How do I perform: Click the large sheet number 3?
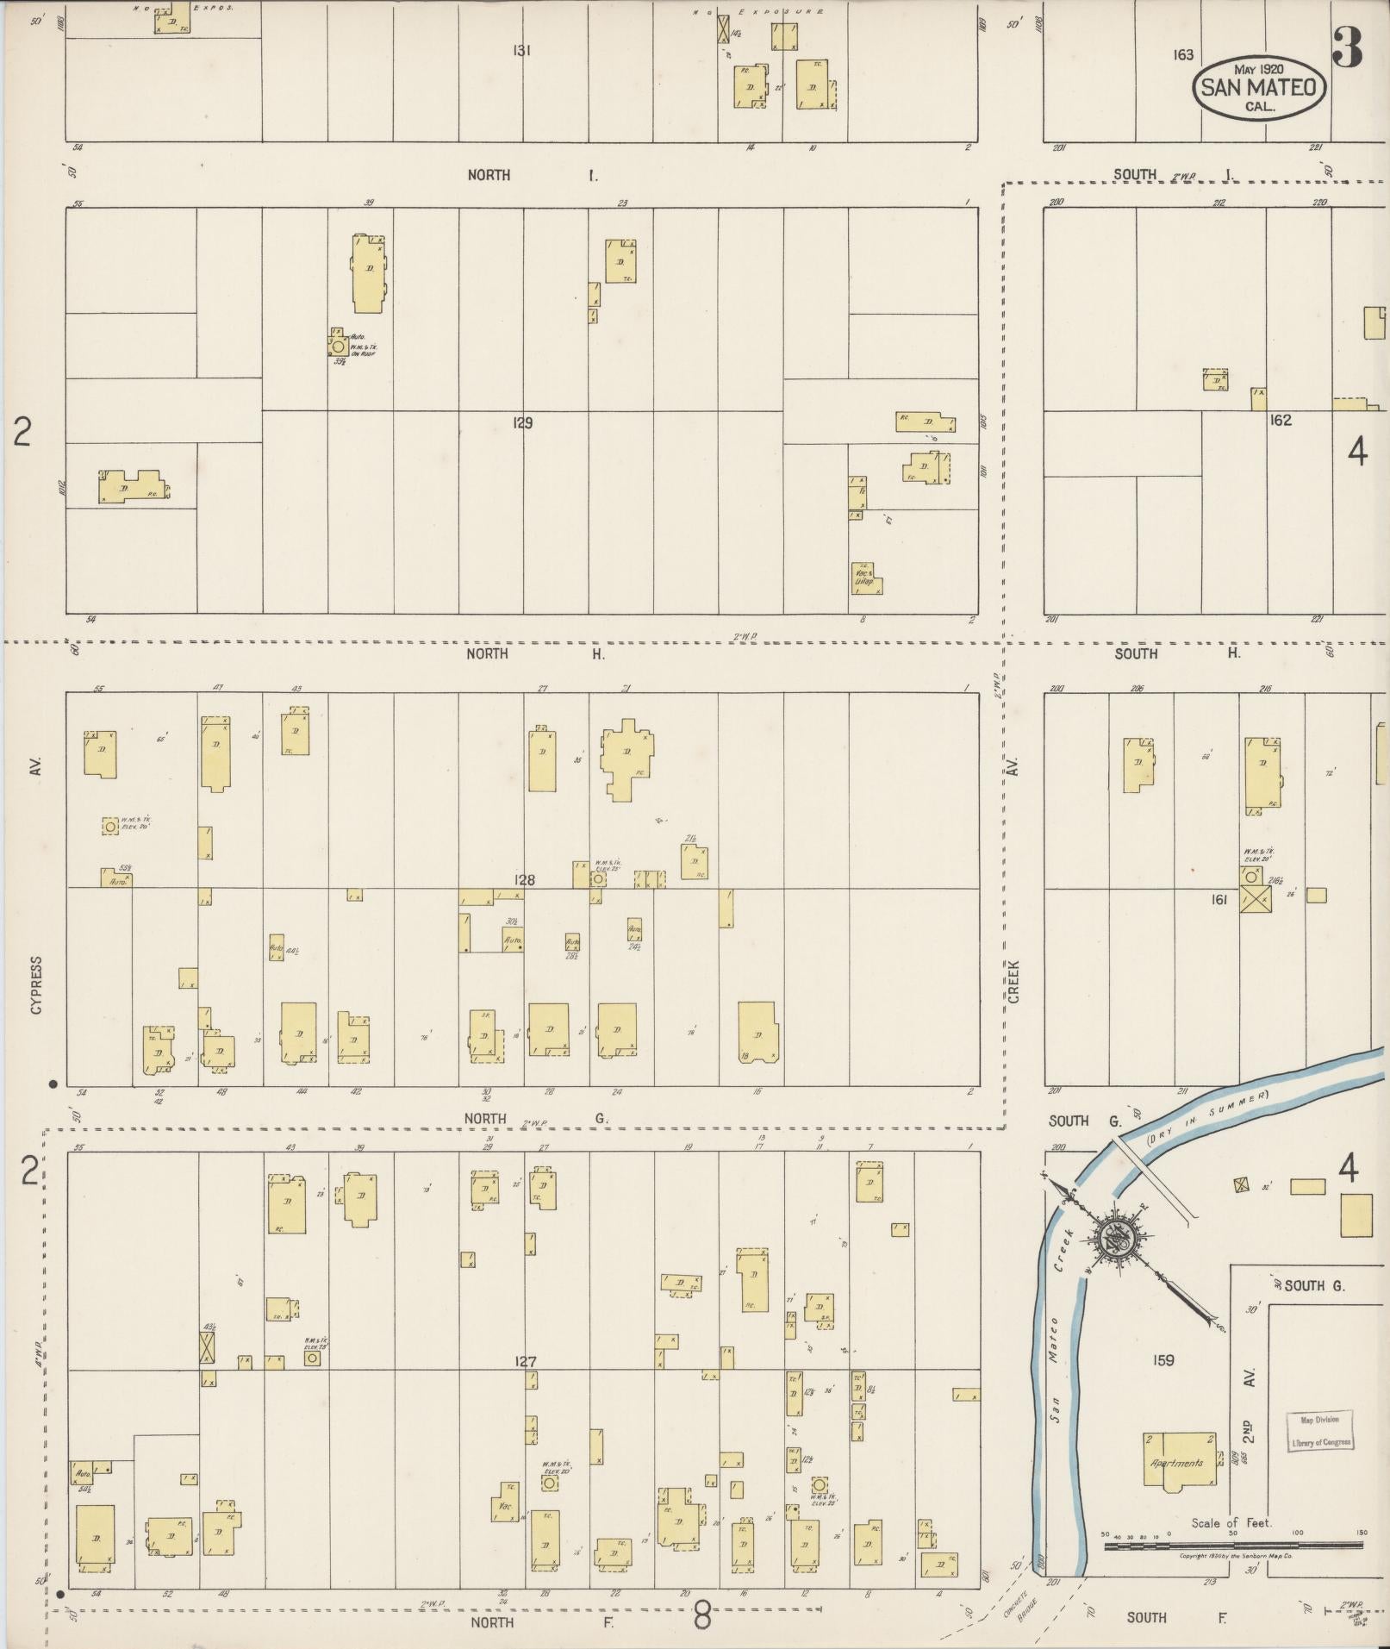tap(1347, 48)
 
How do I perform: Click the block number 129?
tap(521, 423)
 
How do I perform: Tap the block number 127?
tap(525, 1362)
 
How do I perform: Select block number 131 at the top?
tap(521, 51)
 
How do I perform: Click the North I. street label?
tap(532, 175)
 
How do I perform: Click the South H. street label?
tap(1176, 653)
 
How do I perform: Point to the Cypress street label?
tap(36, 984)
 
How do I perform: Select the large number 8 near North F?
tap(702, 1616)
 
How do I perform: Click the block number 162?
tap(1281, 421)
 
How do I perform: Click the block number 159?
tap(1163, 1360)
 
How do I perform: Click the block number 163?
tap(1183, 54)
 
